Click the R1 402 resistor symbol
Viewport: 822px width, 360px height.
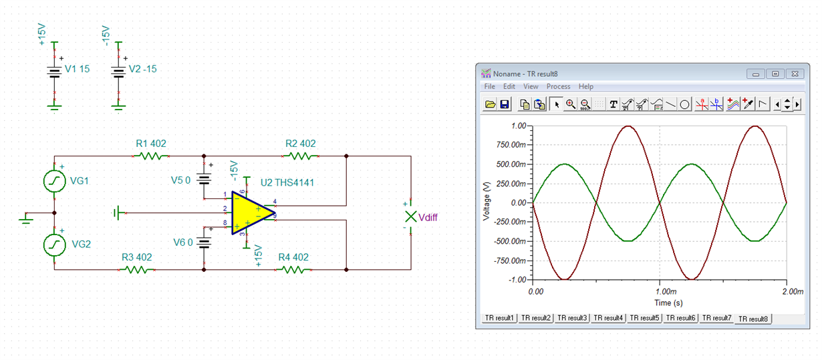pyautogui.click(x=151, y=156)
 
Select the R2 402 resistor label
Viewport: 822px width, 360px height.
pyautogui.click(x=301, y=144)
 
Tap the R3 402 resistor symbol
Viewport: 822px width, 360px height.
pyautogui.click(x=136, y=270)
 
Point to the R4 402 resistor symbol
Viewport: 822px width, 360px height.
pyautogui.click(x=293, y=270)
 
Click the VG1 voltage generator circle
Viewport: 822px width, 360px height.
pyautogui.click(x=55, y=181)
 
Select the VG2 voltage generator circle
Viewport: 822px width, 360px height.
pyautogui.click(x=55, y=245)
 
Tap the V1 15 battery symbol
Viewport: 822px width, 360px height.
pyautogui.click(x=54, y=72)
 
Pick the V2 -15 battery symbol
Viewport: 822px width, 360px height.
pyautogui.click(x=118, y=72)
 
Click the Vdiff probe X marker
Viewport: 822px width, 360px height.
pyautogui.click(x=410, y=216)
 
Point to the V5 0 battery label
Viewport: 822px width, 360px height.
pyautogui.click(x=180, y=180)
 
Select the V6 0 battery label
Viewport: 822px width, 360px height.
pyautogui.click(x=182, y=242)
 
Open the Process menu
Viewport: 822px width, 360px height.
pyautogui.click(x=558, y=87)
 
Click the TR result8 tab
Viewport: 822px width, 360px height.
pyautogui.click(x=752, y=319)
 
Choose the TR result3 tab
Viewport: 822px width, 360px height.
pyautogui.click(x=572, y=318)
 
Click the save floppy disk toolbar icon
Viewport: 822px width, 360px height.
pyautogui.click(x=505, y=104)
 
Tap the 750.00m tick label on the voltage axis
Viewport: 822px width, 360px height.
pyautogui.click(x=511, y=145)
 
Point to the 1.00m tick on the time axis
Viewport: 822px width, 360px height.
pyautogui.click(x=666, y=292)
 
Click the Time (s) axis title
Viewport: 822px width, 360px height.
pyautogui.click(x=668, y=303)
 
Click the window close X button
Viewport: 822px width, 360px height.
pyautogui.click(x=795, y=73)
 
